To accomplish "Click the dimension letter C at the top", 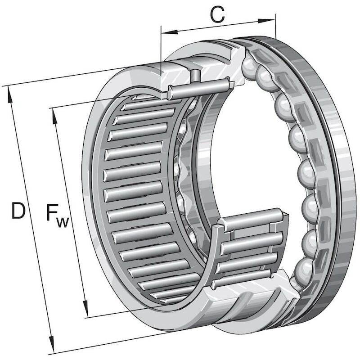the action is (217, 15).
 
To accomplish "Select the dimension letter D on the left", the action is (18, 211).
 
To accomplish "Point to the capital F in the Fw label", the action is (52, 212).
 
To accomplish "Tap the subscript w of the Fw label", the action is (63, 222).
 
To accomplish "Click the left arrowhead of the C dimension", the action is (170, 32).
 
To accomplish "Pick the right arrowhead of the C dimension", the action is (266, 21).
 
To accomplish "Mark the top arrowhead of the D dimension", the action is (9, 94).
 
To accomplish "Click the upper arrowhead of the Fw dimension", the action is (55, 116).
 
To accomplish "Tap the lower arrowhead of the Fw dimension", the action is (85, 309).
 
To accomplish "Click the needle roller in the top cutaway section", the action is (199, 88).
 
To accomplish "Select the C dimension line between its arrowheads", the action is (218, 27).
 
